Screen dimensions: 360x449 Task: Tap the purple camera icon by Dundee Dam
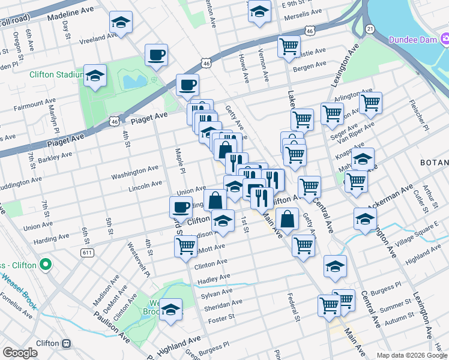445,40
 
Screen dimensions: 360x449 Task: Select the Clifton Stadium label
55,74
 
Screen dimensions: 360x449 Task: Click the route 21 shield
370,29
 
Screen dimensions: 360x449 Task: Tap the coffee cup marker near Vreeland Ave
156,56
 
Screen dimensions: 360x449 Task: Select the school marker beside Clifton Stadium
95,76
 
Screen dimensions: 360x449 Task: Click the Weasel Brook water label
19,291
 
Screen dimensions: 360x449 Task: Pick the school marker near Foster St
171,310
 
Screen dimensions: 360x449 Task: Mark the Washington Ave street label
135,173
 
